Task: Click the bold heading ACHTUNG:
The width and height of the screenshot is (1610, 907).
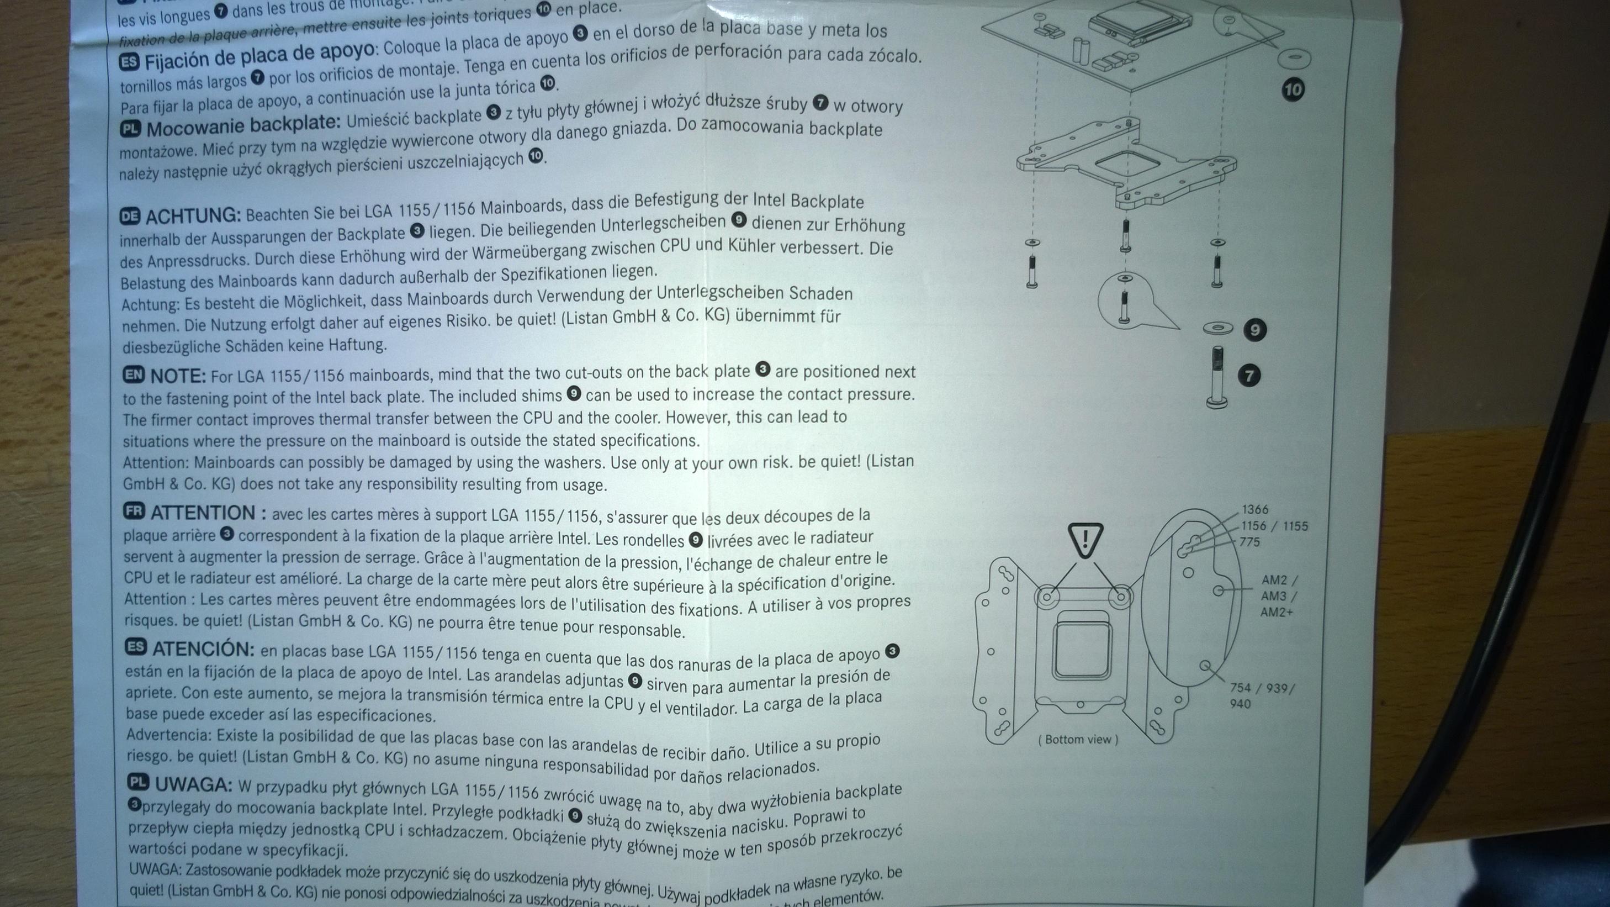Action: [x=193, y=217]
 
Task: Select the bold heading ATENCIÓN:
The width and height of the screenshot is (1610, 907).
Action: [x=203, y=649]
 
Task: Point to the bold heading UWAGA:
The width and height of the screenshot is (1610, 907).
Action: [x=193, y=784]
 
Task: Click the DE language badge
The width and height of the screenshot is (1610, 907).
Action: [x=129, y=217]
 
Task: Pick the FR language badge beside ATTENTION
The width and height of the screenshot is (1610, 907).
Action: [x=134, y=512]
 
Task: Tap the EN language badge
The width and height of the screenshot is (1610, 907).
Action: [x=133, y=375]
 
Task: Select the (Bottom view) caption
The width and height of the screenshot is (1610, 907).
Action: [x=1078, y=740]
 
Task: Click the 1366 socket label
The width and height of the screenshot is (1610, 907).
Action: [x=1255, y=509]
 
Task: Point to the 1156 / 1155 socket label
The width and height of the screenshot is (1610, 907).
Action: [x=1274, y=526]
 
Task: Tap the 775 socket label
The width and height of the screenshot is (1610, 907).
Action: [x=1249, y=542]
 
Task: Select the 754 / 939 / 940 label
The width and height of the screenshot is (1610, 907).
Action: [x=1261, y=695]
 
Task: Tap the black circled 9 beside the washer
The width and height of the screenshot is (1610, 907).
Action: [x=1255, y=329]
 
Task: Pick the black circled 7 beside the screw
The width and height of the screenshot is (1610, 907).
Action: [x=1249, y=375]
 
